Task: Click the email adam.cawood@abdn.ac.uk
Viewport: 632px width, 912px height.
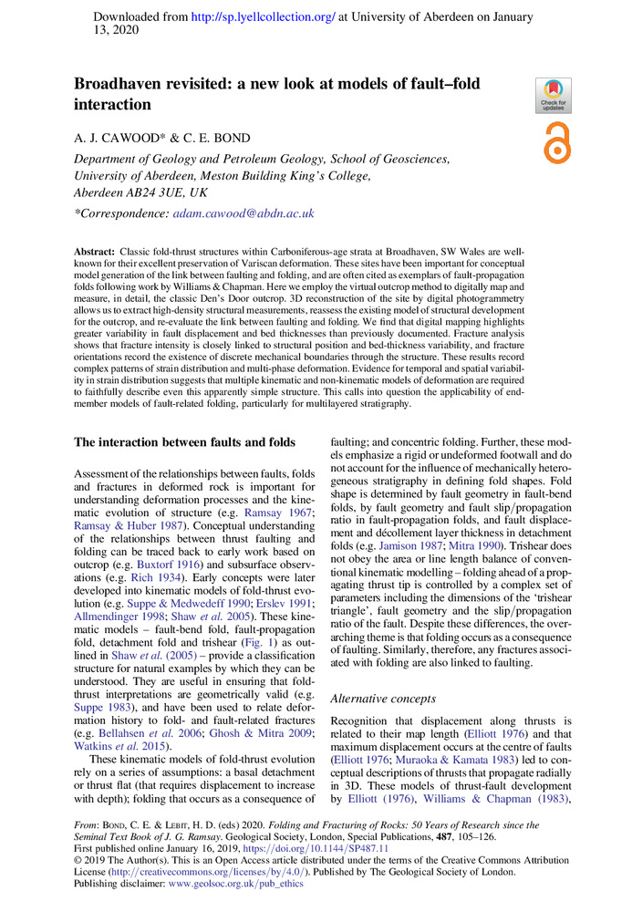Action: coord(243,212)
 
